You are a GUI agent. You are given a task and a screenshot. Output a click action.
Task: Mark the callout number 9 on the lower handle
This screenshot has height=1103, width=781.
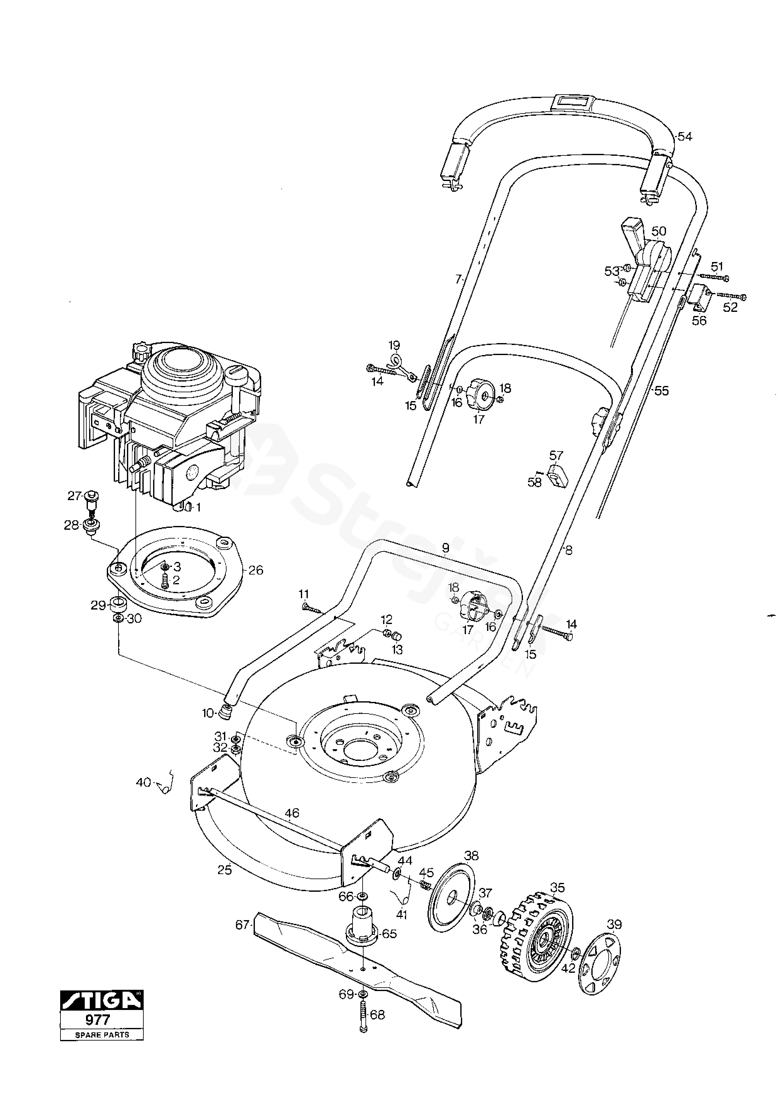coord(445,547)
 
